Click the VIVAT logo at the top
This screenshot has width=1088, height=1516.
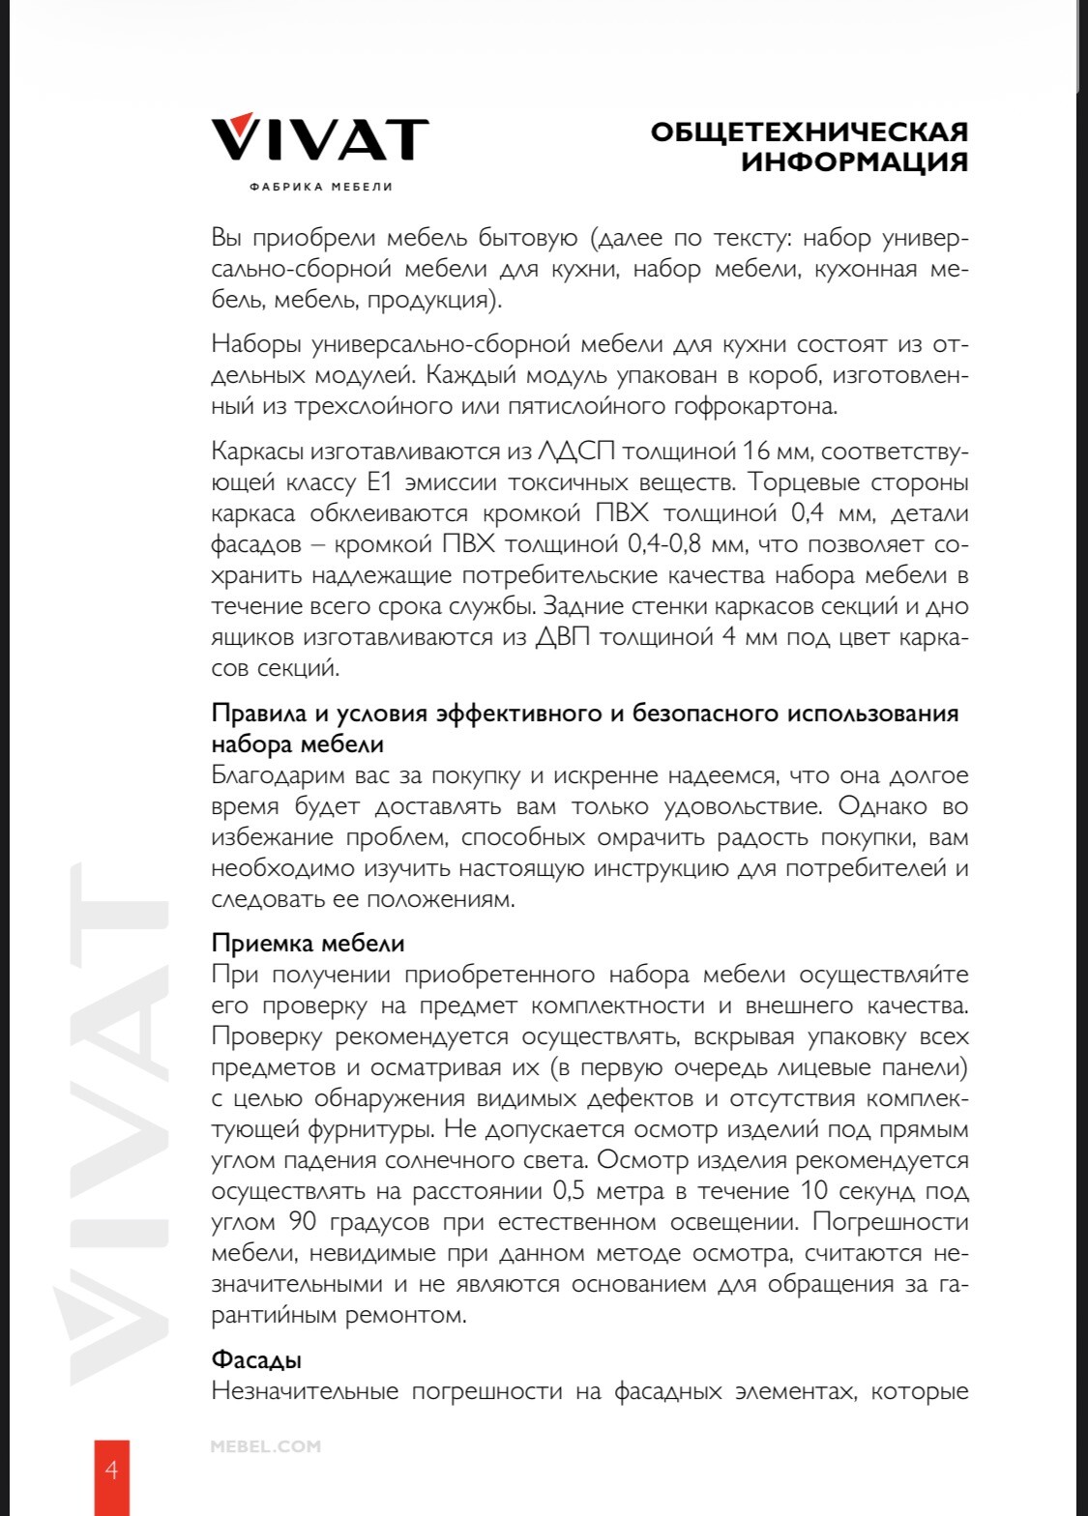[x=320, y=139]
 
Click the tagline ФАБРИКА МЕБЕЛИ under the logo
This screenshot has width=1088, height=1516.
[x=320, y=187]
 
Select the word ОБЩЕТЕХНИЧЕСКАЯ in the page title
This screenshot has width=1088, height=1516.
[x=809, y=131]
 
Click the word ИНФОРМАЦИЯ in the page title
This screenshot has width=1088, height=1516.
[x=855, y=161]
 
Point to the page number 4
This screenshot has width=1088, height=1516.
[x=111, y=1471]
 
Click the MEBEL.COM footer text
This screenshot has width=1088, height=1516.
[x=265, y=1446]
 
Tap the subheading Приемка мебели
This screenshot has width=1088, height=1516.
[x=308, y=944]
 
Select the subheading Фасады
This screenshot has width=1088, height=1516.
[x=256, y=1359]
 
